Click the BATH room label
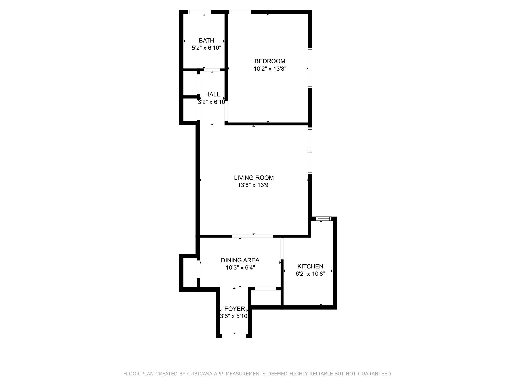pyautogui.click(x=206, y=40)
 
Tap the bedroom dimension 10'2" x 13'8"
pyautogui.click(x=270, y=69)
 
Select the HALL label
pyautogui.click(x=212, y=94)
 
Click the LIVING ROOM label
pyautogui.click(x=254, y=178)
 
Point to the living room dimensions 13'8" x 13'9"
pyautogui.click(x=254, y=185)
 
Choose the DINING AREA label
pyautogui.click(x=240, y=260)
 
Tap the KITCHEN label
pyautogui.click(x=310, y=266)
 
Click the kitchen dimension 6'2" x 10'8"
pyautogui.click(x=310, y=274)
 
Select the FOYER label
pyautogui.click(x=235, y=309)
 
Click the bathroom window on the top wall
pyautogui.click(x=199, y=12)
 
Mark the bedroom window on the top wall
pyautogui.click(x=240, y=12)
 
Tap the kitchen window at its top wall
pyautogui.click(x=324, y=219)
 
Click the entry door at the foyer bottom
pyautogui.click(x=234, y=336)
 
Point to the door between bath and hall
pyautogui.click(x=212, y=70)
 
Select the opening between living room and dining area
pyautogui.click(x=252, y=236)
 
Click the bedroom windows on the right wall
pyautogui.click(x=310, y=68)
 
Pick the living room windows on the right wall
pyautogui.click(x=310, y=151)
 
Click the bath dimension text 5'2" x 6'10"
pyautogui.click(x=206, y=48)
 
